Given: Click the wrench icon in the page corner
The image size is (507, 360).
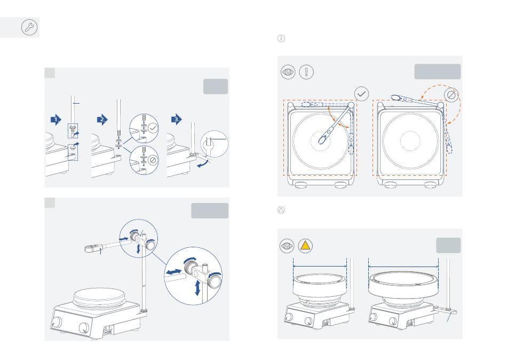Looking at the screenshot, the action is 29,27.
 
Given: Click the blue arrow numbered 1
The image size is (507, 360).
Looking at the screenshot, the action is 56,120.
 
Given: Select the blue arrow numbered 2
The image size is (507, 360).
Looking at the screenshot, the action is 102,120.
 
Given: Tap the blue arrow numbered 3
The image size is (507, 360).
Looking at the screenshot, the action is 177,120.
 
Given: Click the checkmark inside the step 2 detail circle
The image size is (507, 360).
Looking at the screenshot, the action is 153,128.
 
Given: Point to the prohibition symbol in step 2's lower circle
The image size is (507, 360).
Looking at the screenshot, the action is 153,160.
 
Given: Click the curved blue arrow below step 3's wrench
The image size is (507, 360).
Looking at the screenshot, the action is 203,163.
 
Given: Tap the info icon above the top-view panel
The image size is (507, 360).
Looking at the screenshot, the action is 281,38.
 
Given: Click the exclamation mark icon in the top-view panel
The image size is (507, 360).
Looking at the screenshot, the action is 306,72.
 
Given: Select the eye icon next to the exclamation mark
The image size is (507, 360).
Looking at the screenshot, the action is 288,72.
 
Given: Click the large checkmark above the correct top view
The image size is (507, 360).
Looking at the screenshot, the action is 361,94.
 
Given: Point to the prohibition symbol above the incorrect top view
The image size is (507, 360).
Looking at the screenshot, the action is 451,95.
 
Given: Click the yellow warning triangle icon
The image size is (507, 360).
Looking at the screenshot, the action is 305,246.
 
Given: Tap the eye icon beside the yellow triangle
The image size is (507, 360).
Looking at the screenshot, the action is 287,246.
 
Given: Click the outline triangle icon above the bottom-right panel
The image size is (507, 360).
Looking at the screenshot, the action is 281,210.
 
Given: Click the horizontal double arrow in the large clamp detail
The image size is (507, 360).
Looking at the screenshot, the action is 173,272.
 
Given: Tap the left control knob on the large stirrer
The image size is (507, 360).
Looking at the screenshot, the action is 57,323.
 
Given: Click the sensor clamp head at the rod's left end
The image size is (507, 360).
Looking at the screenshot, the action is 91,248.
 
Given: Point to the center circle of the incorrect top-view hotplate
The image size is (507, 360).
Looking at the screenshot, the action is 410,141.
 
